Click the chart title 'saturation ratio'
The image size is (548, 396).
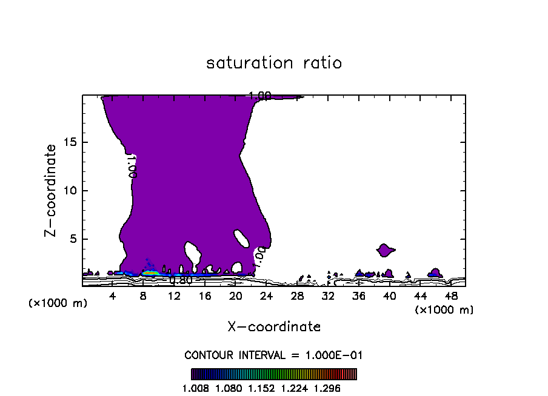coord(274,63)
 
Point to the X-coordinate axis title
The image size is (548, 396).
coord(274,326)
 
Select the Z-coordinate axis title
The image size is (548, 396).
coord(52,190)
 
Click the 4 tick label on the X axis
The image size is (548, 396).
coord(113,296)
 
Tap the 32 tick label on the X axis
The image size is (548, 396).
coord(328,296)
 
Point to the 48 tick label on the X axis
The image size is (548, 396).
coord(451,296)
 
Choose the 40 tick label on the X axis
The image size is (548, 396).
coord(389,296)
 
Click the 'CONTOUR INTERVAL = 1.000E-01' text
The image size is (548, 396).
coord(274,355)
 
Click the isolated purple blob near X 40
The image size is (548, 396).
coord(385,249)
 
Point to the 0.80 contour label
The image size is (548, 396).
coord(181,280)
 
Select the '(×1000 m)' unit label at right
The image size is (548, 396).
coord(444,309)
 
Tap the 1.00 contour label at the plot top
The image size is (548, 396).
coord(260,95)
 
